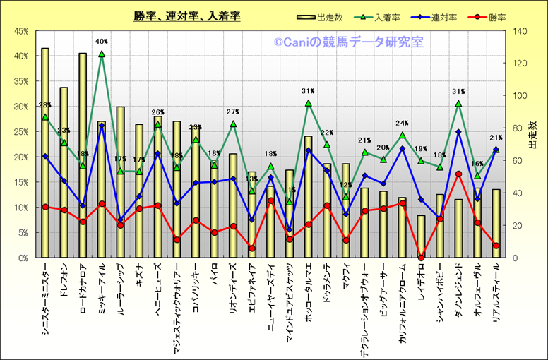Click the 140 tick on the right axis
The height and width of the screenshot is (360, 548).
(520, 31)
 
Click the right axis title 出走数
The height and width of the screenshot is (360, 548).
(534, 145)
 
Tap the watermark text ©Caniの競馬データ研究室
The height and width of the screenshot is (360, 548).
(349, 43)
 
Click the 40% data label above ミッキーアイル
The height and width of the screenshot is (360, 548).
(102, 42)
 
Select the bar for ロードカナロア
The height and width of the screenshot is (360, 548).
(83, 155)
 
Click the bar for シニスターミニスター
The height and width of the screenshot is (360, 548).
(45, 152)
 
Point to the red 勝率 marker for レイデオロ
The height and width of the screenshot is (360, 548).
(421, 258)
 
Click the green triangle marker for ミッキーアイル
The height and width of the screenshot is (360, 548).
(102, 54)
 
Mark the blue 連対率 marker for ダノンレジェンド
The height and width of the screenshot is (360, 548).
(458, 132)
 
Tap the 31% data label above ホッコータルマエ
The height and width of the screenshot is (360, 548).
(308, 91)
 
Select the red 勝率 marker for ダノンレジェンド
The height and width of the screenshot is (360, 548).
(458, 174)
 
